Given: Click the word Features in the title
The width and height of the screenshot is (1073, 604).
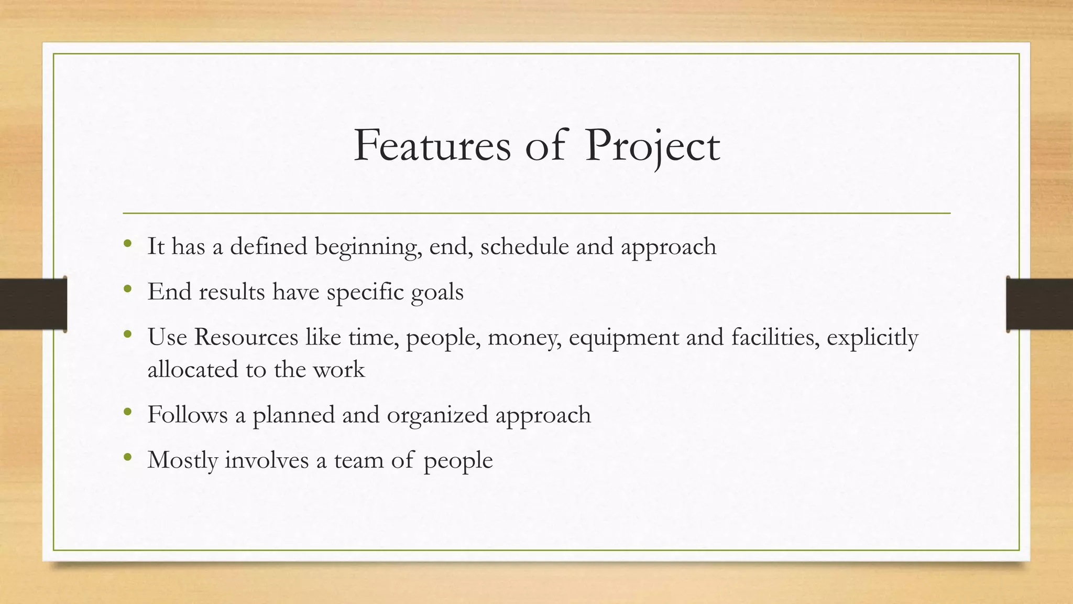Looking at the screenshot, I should coord(432,145).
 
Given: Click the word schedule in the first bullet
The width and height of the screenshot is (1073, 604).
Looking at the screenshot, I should coord(524,246).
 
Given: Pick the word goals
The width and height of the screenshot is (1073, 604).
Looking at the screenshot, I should coord(437,292).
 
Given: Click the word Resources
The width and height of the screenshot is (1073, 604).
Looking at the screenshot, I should coord(246,337).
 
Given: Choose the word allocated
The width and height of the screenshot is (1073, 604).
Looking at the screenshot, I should coord(193,370).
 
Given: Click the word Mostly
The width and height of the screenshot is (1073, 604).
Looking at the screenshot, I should coord(183,460).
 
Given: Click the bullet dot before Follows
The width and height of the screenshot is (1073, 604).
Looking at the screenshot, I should coord(127,412).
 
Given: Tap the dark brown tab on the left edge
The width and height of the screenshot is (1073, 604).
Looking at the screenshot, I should coord(33,304).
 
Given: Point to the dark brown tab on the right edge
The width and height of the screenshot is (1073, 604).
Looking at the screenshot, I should coord(1039,304).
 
